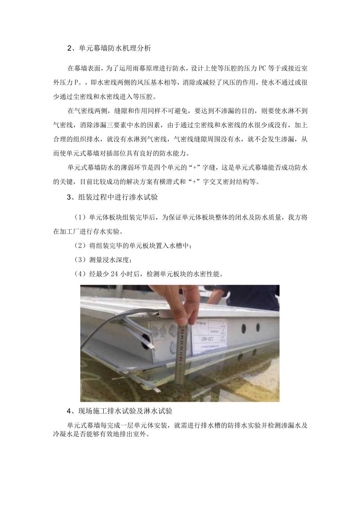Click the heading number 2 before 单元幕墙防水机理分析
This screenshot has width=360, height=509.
[69, 49]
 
